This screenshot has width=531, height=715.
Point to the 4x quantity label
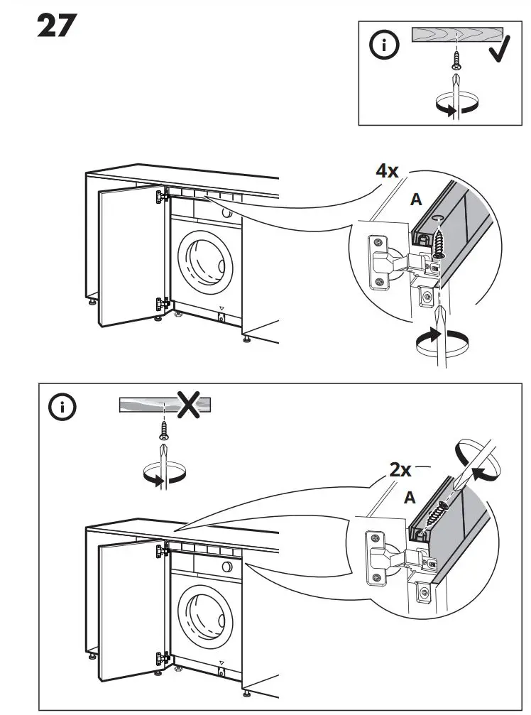[388, 170]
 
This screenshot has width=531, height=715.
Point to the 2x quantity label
[401, 469]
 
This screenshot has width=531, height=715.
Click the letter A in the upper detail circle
[417, 200]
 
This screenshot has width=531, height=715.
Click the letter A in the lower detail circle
[410, 498]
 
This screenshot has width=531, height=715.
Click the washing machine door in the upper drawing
[205, 263]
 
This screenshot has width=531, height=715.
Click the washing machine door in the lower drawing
[205, 613]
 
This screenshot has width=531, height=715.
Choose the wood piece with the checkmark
[456, 36]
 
